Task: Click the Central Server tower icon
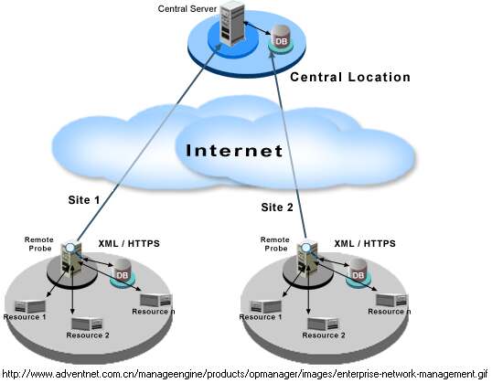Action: coord(231,23)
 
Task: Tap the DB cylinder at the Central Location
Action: coord(280,37)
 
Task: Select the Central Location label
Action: coord(350,77)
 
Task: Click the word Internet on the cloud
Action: coord(234,151)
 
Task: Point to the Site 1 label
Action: coord(84,200)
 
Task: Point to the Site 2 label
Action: coord(277,207)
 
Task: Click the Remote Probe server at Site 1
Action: coord(72,258)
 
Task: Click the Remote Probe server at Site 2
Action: coord(307,258)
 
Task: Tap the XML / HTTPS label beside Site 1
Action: coord(129,244)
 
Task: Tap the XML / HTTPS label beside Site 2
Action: coord(365,244)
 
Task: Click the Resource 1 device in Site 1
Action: coord(30,307)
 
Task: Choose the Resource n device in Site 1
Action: coord(156,300)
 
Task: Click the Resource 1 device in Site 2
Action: coord(265,307)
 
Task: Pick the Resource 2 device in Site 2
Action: coord(323,324)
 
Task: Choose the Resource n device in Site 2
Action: coord(392,300)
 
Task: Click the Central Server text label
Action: coord(187,9)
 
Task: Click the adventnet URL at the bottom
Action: coord(245,374)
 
